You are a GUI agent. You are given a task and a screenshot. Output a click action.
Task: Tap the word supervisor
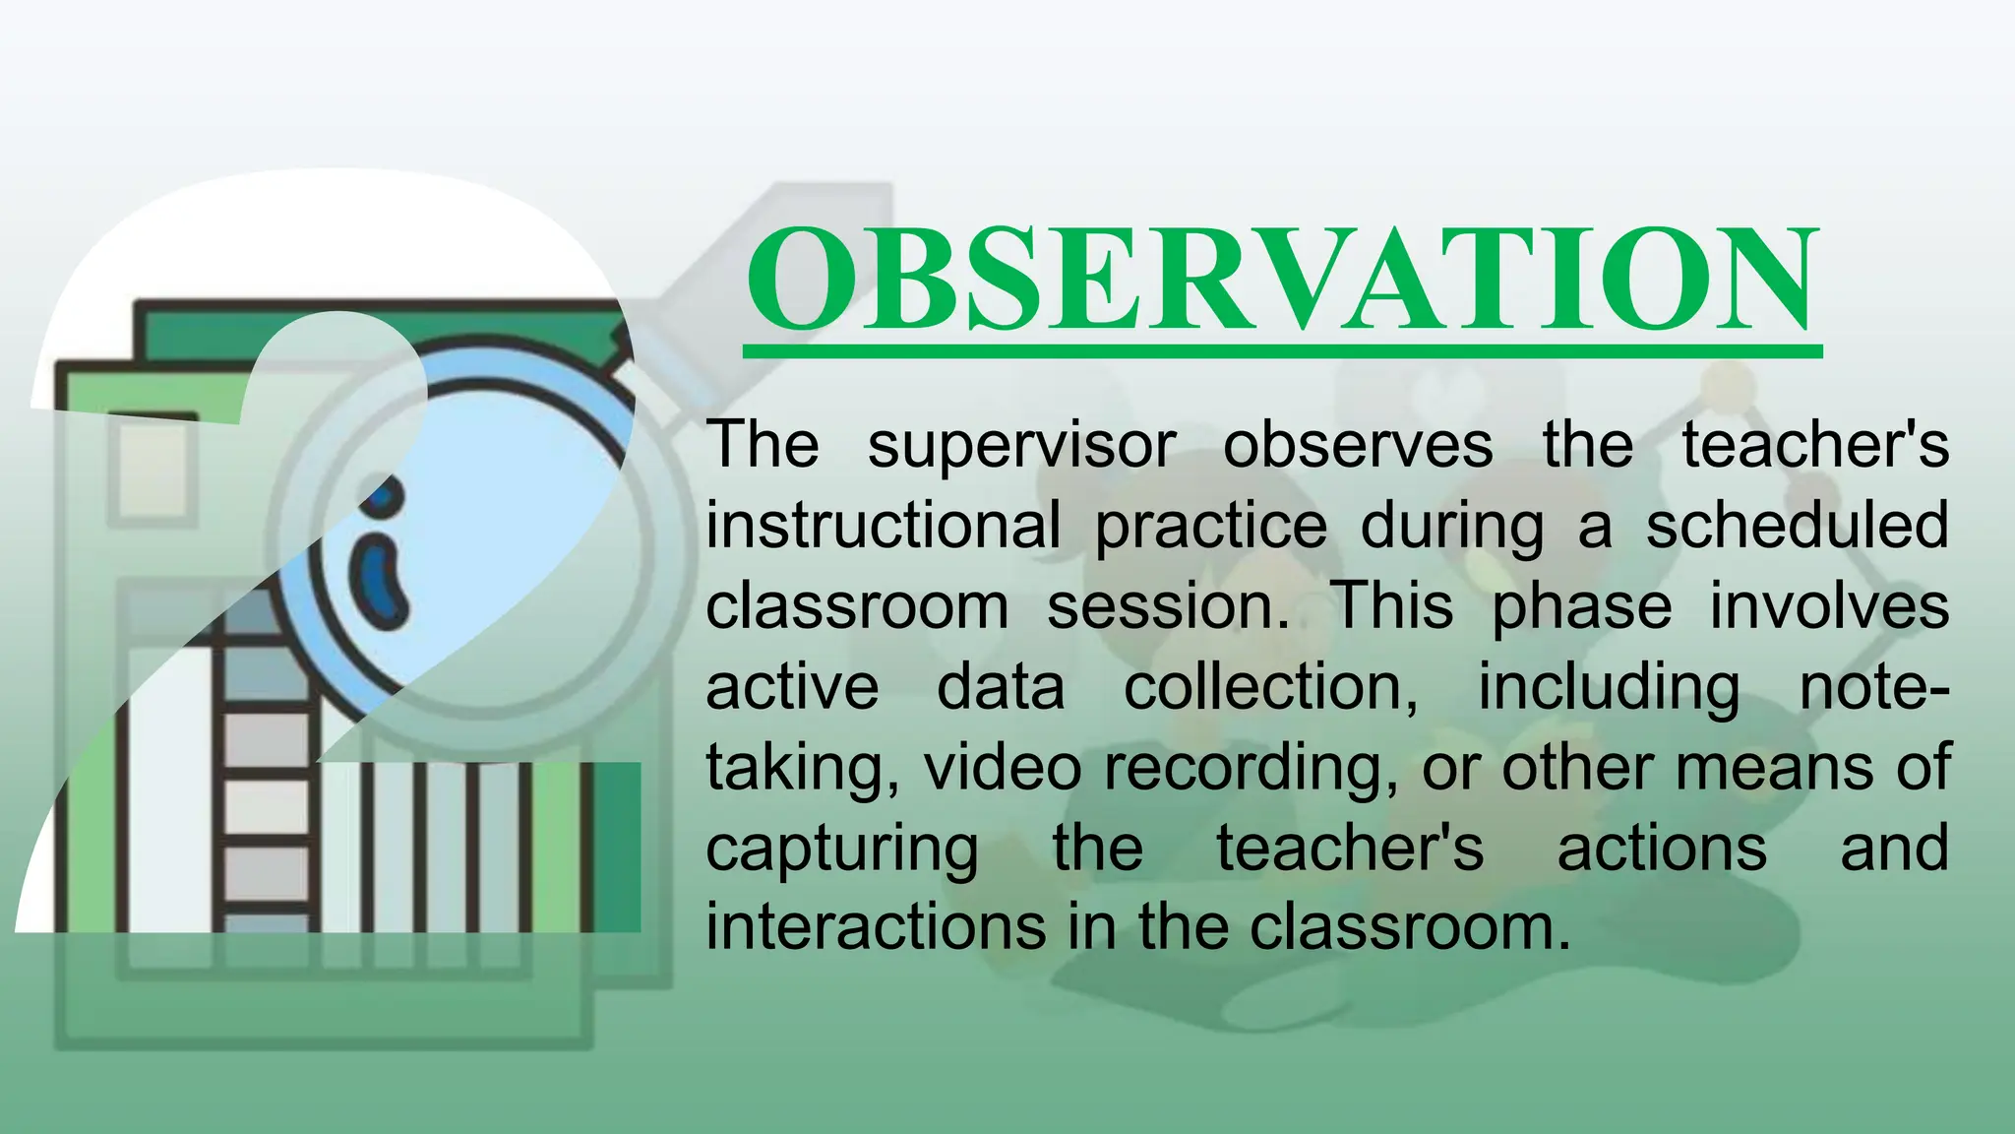1021,446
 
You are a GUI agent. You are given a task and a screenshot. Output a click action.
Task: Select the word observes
1357,446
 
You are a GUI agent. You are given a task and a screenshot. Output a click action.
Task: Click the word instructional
883,526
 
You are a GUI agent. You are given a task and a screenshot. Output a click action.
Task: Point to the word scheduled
1797,526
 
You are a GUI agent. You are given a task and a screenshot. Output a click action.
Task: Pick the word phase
1581,606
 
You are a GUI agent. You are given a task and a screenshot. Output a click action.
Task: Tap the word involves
1829,606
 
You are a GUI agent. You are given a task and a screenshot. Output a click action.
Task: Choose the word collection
1271,687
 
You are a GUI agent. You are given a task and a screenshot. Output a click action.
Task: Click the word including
1609,687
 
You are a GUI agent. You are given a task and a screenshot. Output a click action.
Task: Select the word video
1003,768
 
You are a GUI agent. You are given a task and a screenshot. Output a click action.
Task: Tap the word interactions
876,927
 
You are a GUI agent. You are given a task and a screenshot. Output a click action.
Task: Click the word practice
1211,526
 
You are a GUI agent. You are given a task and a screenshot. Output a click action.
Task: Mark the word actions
1662,849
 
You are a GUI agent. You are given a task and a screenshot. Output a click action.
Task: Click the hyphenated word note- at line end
1873,687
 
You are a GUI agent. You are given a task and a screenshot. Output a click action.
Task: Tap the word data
1001,687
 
